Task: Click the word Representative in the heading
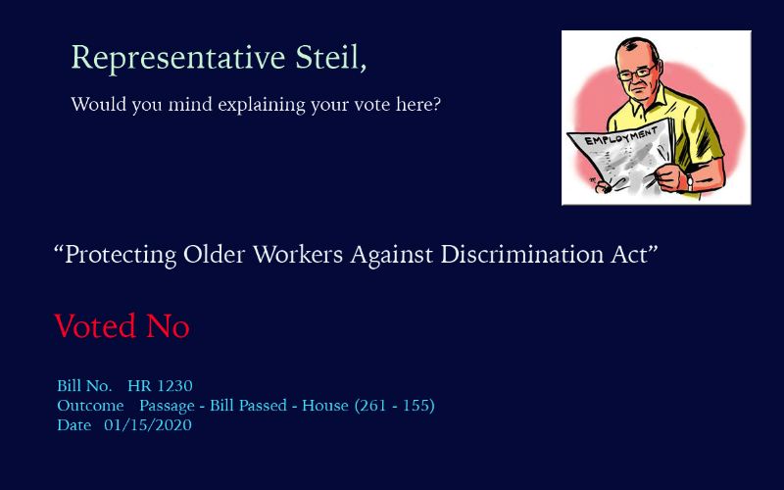pos(178,59)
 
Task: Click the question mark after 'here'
pos(436,104)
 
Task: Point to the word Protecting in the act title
pos(121,256)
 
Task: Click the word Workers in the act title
pos(298,254)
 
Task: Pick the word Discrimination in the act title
pos(522,254)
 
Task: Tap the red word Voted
pos(95,326)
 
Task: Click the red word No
pos(168,326)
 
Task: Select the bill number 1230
pos(173,386)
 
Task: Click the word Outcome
pos(90,406)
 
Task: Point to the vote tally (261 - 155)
pos(395,406)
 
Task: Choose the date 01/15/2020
pos(148,425)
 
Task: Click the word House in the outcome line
pos(325,406)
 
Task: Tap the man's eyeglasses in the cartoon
pos(636,73)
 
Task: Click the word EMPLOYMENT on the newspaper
pos(621,136)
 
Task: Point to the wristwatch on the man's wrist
pos(690,182)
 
